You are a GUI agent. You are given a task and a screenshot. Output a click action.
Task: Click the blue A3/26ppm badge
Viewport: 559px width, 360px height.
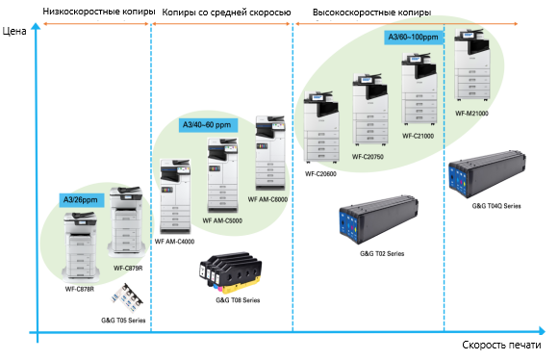tap(80, 199)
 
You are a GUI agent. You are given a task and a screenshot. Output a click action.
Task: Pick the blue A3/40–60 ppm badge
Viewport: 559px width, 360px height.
tap(206, 125)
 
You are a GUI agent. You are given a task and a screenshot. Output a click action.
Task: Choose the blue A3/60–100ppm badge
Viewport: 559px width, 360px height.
tap(413, 37)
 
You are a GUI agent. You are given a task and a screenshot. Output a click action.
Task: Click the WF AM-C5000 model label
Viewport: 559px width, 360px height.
tap(221, 221)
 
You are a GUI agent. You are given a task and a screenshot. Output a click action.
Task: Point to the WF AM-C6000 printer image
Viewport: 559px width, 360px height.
tap(267, 154)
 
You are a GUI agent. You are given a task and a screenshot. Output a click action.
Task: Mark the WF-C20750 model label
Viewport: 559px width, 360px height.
tap(368, 155)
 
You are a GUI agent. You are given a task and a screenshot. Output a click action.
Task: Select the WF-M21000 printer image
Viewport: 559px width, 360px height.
tap(471, 66)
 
